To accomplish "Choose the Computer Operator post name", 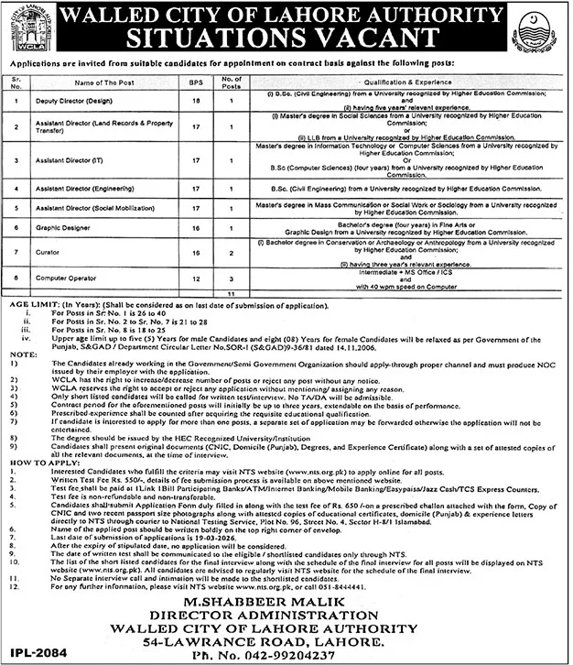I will [x=63, y=276].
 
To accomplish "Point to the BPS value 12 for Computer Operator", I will [x=195, y=276].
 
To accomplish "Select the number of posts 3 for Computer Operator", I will [x=232, y=276].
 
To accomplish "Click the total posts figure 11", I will [x=232, y=291].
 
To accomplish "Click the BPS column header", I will [x=195, y=82].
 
